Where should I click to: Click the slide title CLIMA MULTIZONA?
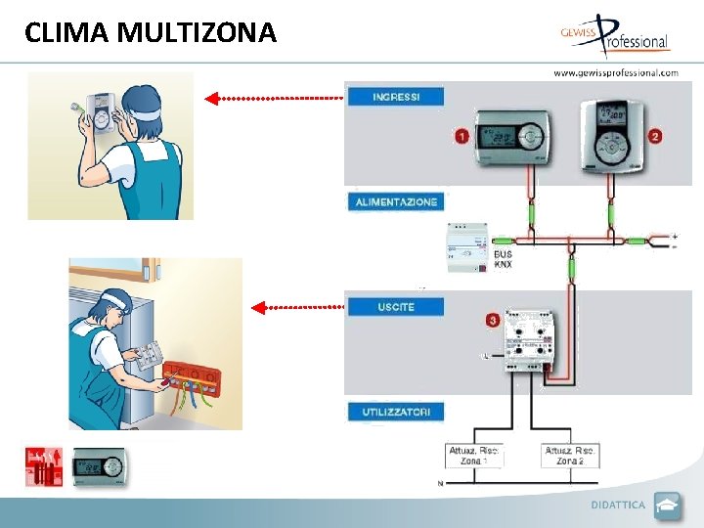151,33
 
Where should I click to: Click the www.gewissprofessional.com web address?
615,72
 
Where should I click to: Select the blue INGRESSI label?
396,97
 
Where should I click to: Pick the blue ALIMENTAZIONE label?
396,201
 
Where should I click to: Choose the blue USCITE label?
396,307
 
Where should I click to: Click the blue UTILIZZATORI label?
396,412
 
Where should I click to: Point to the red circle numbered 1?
461,137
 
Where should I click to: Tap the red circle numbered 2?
655,136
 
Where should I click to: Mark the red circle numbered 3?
492,320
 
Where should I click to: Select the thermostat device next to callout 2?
614,134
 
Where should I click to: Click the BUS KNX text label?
504,259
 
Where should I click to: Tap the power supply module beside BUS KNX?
468,247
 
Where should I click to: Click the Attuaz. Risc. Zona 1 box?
475,456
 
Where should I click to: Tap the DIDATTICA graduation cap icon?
667,506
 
